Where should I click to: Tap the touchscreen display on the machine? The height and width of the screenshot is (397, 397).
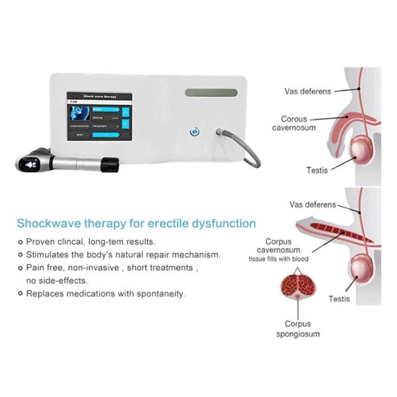pyautogui.click(x=99, y=120)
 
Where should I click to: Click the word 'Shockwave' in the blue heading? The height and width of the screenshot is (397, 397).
pyautogui.click(x=50, y=224)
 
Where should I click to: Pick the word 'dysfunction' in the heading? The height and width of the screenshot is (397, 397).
pyautogui.click(x=223, y=224)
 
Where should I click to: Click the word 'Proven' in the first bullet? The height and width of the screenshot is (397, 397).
pyautogui.click(x=42, y=242)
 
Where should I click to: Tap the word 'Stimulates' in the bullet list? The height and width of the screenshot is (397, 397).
pyautogui.click(x=48, y=254)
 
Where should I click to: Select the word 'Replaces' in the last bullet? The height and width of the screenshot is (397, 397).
pyautogui.click(x=45, y=292)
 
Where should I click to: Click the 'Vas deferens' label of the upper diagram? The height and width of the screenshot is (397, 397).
pyautogui.click(x=308, y=91)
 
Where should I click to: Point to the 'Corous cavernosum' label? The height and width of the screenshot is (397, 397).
pyautogui.click(x=294, y=123)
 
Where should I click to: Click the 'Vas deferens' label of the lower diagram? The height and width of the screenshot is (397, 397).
pyautogui.click(x=313, y=205)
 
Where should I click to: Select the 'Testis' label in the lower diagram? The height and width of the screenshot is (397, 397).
pyautogui.click(x=339, y=299)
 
